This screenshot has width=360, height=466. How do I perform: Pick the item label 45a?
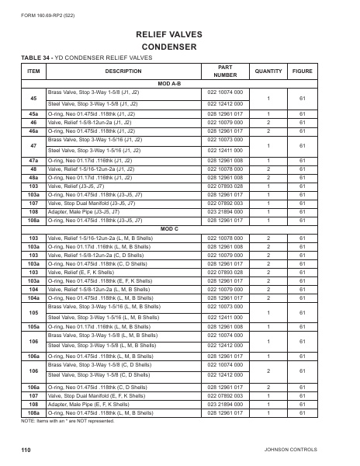point(33,113)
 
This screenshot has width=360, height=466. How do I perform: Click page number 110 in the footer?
point(26,450)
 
